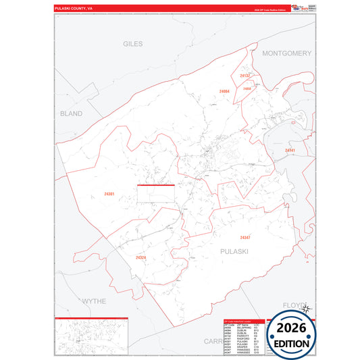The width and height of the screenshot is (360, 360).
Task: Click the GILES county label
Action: point(133,44)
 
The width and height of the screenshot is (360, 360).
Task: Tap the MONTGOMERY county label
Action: point(286,53)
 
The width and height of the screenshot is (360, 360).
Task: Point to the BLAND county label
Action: point(70,113)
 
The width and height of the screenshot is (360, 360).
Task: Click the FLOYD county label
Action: point(294,305)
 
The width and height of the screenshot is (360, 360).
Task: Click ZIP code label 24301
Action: point(109,195)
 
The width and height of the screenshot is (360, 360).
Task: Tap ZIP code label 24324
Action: point(140,257)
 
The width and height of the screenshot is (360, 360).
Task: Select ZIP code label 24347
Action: point(245,237)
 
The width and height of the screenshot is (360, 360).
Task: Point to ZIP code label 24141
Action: point(290,150)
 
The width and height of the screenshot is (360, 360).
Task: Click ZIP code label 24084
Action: point(224,91)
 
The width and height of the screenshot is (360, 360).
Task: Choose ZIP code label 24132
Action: point(245,76)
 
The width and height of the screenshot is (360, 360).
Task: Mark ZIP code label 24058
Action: point(247,88)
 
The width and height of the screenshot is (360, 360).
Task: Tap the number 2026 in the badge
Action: point(292,329)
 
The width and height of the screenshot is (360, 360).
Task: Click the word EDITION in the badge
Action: point(292,343)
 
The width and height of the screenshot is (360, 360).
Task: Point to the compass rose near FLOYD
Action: point(305,309)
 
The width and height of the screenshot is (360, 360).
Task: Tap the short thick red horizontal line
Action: point(156,185)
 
